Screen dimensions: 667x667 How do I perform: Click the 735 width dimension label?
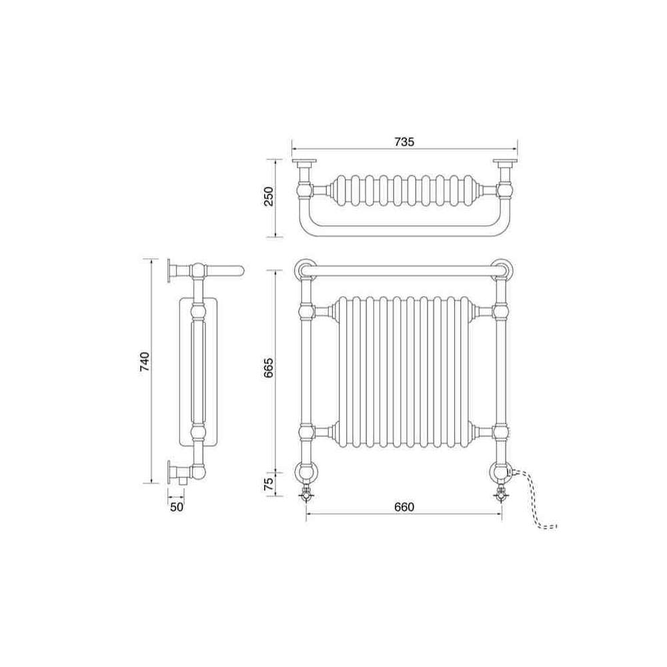(x=404, y=141)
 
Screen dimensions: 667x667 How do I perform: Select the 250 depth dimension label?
(x=269, y=196)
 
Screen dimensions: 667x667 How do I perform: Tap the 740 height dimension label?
(x=145, y=362)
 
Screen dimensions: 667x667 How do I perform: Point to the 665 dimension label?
(x=269, y=368)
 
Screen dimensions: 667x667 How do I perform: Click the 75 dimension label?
(x=269, y=484)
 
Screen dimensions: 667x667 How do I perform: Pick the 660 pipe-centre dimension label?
(x=404, y=507)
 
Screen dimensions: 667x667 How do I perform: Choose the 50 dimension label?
(x=177, y=507)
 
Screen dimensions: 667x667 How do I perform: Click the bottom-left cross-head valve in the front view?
(x=306, y=495)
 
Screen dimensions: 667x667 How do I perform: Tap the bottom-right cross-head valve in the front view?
(x=501, y=495)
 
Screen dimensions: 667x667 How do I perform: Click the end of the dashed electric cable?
(x=556, y=527)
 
